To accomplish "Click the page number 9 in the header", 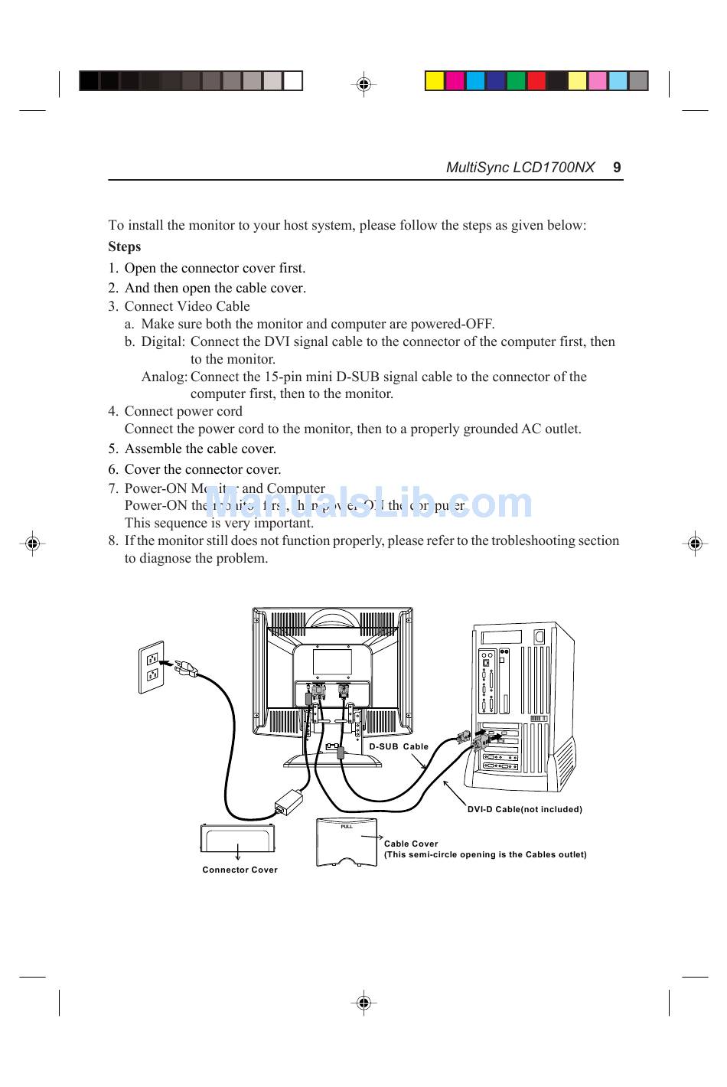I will [x=617, y=168].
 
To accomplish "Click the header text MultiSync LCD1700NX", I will [x=520, y=168].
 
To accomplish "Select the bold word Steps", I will [x=125, y=246].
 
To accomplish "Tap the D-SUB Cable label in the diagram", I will [x=399, y=746].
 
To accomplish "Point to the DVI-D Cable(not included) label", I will [x=524, y=809].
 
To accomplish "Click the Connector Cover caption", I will [x=240, y=870].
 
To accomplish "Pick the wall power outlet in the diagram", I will [x=152, y=667].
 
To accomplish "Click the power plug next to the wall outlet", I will [x=185, y=669].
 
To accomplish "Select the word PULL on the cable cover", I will [x=347, y=827].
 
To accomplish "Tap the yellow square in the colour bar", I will [x=435, y=80].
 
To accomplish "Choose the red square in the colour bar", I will [x=536, y=80].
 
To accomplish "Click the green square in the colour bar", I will [x=516, y=80].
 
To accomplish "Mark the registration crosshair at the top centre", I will [x=363, y=84].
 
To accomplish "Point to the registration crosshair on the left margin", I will [x=31, y=543].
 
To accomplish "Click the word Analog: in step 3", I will [x=164, y=377].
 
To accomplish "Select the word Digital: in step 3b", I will [x=163, y=341].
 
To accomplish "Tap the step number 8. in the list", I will [x=113, y=540].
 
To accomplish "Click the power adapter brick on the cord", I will [x=289, y=801].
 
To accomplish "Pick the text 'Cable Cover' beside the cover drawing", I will [x=411, y=844].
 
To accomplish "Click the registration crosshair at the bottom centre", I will [x=363, y=1002].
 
